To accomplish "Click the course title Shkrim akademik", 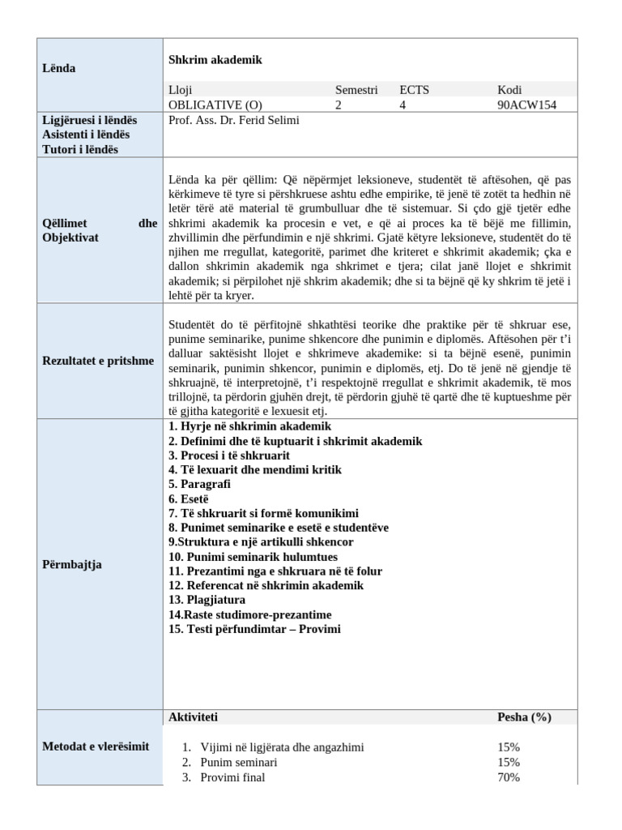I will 215,60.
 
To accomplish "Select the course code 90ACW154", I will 526,105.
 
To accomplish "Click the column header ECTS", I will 414,90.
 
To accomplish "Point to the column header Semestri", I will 356,90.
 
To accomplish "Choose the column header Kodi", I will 509,90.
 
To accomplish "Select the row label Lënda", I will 58,68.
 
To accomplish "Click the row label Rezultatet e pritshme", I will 97,360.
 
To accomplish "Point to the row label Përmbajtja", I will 71,564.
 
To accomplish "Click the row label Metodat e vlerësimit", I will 96,746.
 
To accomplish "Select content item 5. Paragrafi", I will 199,484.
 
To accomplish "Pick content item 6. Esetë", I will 189,498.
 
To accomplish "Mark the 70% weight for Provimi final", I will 509,777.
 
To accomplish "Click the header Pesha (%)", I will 524,717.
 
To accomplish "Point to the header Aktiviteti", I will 193,717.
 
